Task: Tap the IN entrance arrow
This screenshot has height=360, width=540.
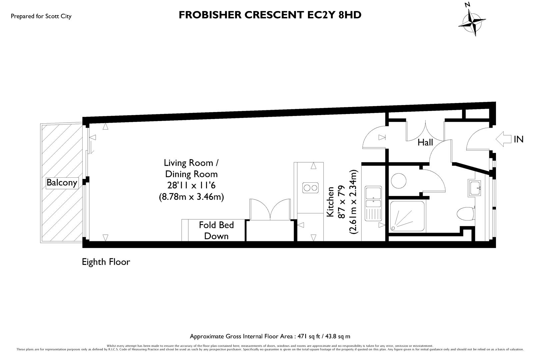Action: tap(504, 139)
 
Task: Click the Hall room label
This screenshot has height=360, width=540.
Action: tap(425, 143)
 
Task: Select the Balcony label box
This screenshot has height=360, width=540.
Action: tap(62, 183)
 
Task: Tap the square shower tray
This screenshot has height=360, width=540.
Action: tap(407, 215)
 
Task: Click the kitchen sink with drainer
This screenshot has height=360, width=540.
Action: tap(373, 203)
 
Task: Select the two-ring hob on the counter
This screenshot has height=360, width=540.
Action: tap(310, 188)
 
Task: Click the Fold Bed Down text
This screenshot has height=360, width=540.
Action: tap(216, 230)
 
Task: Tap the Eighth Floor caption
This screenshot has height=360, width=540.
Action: tap(106, 262)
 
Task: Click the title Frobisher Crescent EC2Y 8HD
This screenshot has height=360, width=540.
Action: tap(270, 15)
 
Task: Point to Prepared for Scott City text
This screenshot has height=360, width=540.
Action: tap(41, 16)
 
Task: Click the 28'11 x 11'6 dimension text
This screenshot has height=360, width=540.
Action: tap(191, 185)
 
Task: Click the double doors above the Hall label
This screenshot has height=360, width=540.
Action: tap(425, 131)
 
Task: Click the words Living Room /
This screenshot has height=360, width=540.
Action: tap(191, 163)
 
